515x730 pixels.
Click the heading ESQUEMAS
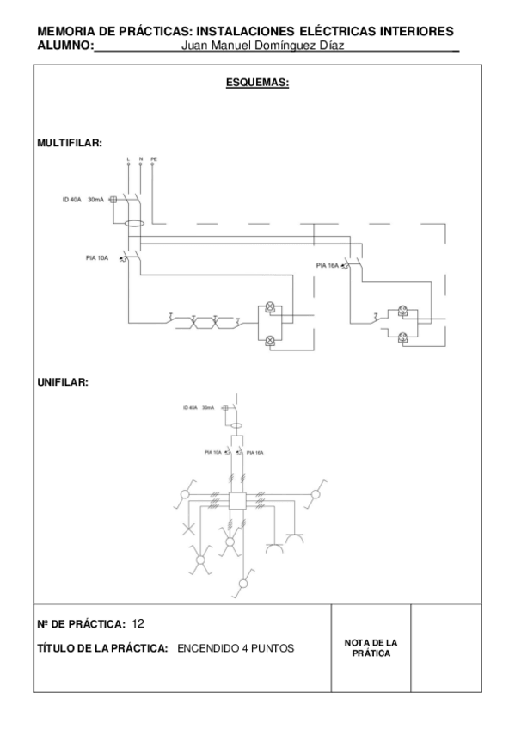tap(256, 84)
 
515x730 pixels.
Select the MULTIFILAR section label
tap(70, 143)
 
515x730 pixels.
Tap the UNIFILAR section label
tap(63, 381)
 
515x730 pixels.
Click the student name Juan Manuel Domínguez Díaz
tap(264, 46)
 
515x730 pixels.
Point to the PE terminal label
tap(154, 159)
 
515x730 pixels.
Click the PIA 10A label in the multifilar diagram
tap(97, 257)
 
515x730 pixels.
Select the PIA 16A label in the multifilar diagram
tap(328, 266)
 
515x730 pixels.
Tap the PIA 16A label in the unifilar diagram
tap(254, 452)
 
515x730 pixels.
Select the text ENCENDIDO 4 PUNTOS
tap(236, 648)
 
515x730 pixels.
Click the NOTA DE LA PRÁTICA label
tap(371, 648)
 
